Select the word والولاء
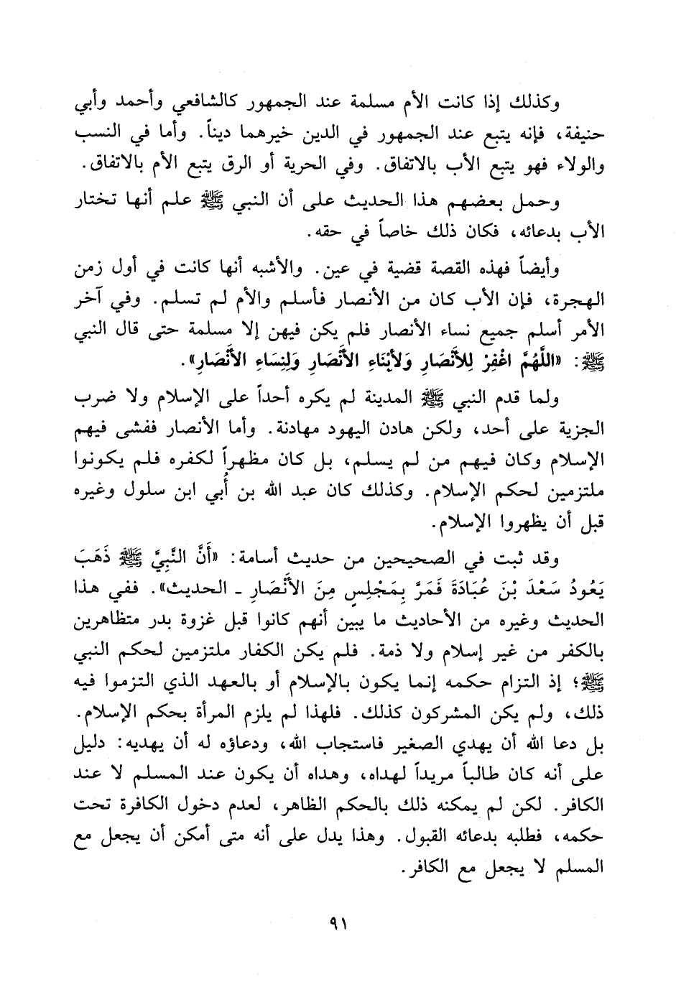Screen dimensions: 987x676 click(577, 167)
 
